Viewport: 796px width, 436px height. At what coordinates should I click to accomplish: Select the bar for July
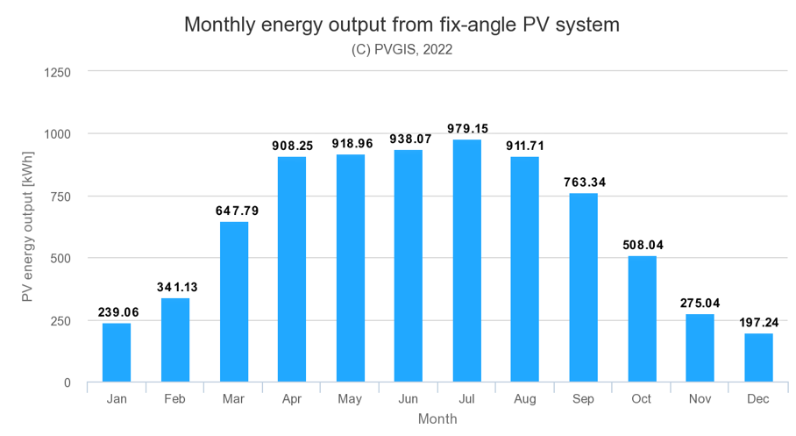pyautogui.click(x=467, y=261)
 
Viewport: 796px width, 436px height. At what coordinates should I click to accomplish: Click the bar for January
pyautogui.click(x=117, y=353)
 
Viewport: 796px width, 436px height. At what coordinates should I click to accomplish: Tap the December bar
pyautogui.click(x=758, y=358)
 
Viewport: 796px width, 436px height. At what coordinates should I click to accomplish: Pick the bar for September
pyautogui.click(x=583, y=288)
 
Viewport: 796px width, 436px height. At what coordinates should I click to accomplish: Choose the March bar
pyautogui.click(x=234, y=302)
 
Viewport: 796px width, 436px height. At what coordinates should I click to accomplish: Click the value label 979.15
pyautogui.click(x=467, y=129)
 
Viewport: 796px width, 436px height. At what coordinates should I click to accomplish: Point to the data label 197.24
pyautogui.click(x=758, y=323)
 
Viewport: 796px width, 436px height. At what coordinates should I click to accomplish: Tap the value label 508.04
pyautogui.click(x=643, y=245)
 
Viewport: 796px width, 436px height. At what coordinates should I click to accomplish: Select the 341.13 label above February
pyautogui.click(x=177, y=287)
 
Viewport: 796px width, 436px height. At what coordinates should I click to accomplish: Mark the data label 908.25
pyautogui.click(x=293, y=146)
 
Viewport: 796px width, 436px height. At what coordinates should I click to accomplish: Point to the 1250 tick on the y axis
pyautogui.click(x=57, y=73)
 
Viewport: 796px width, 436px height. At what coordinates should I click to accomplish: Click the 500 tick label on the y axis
pyautogui.click(x=60, y=259)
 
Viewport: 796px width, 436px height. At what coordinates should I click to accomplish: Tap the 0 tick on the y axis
pyautogui.click(x=68, y=383)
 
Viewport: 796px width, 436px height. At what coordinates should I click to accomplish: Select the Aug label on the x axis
pyautogui.click(x=525, y=399)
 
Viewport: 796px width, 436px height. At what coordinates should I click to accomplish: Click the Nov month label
pyautogui.click(x=700, y=399)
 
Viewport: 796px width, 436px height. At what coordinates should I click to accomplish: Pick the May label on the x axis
pyautogui.click(x=350, y=399)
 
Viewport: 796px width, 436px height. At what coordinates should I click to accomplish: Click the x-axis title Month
pyautogui.click(x=437, y=419)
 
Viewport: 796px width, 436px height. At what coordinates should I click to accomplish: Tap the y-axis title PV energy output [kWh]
pyautogui.click(x=27, y=226)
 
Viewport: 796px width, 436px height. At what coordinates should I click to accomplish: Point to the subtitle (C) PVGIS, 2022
pyautogui.click(x=402, y=50)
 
